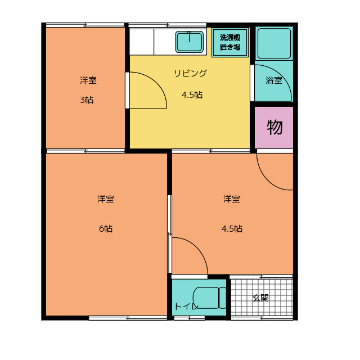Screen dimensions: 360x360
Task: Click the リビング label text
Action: coord(190,73)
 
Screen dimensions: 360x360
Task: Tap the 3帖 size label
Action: coord(87,100)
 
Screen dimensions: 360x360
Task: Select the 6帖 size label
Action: coord(105,228)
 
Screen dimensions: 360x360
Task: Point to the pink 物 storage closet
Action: coord(274,128)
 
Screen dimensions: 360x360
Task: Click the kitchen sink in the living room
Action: coord(190,41)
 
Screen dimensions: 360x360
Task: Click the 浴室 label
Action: coord(274,80)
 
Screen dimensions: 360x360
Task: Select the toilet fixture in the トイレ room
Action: coord(209,298)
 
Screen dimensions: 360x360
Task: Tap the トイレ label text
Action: coord(186,307)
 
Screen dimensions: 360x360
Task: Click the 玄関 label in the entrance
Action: coord(260,298)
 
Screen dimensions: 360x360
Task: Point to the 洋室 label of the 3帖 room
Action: coord(88,80)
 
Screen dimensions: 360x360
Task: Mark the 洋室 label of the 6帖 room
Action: coord(106,199)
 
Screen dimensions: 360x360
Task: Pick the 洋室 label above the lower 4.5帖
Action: coord(232,199)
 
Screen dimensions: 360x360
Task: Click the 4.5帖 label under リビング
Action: coord(192,94)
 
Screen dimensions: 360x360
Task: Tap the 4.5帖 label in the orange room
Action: coord(232,228)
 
